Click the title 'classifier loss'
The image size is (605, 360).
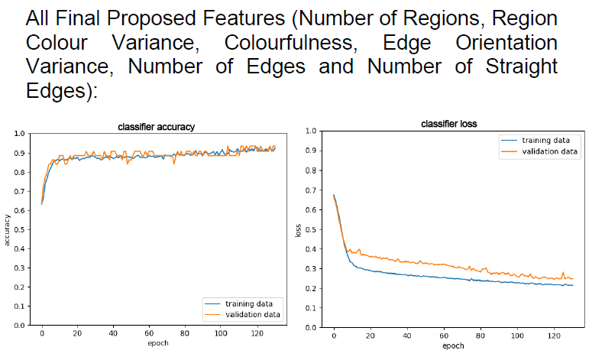coord(449,124)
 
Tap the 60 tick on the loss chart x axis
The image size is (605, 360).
coord(444,336)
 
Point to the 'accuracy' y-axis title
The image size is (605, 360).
coord(8,229)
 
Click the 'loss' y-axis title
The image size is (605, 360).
coord(297,229)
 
